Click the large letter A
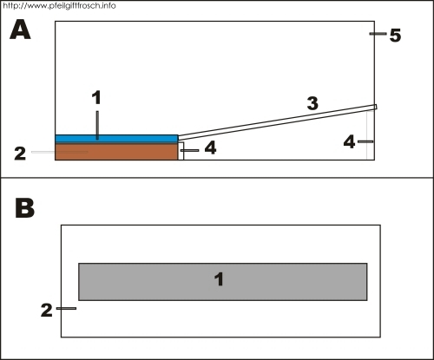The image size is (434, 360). pos(20,29)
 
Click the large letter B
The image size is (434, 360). pos(25,208)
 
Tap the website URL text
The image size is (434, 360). pos(59,6)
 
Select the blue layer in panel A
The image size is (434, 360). pos(116,138)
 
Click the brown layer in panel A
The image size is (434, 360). pos(116,152)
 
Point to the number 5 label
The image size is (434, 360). pos(395,36)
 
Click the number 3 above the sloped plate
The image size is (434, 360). pos(312,103)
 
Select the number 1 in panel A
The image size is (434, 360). pos(96,97)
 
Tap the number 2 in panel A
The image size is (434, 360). pos(20,154)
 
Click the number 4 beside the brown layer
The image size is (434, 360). pos(210,147)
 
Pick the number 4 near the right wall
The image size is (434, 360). pos(349,142)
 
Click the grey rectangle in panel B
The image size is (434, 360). pos(223,282)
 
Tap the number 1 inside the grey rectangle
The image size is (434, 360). pos(219,279)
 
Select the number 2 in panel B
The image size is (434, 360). pos(47,311)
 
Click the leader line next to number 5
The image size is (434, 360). pos(378,34)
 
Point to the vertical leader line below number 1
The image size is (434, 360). pos(97,125)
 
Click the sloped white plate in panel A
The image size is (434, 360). pos(277,122)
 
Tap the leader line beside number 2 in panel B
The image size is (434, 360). pos(66,309)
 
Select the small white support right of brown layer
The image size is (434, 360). pos(181,151)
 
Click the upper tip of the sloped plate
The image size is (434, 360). pos(376,107)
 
